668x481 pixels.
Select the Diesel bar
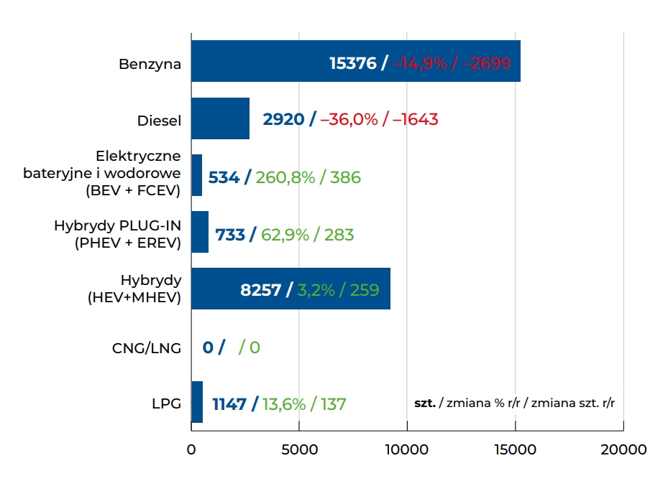[220, 118]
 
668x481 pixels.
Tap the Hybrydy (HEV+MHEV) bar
[216, 289]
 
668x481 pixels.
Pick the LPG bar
[197, 402]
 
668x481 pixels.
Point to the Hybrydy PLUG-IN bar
[200, 232]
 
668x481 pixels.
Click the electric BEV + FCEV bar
[196, 175]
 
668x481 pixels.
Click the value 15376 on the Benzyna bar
[352, 63]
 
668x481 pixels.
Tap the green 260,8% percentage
[285, 177]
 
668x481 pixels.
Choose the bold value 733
[230, 234]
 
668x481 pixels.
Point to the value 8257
[260, 290]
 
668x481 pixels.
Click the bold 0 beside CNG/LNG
[208, 347]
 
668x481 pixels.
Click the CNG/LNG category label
[147, 348]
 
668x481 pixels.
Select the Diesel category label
[159, 121]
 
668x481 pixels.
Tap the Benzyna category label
[150, 64]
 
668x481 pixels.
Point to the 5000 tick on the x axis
[299, 450]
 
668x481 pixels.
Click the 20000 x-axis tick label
[623, 450]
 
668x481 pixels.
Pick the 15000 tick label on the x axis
[515, 450]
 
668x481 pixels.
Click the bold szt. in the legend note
[425, 403]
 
